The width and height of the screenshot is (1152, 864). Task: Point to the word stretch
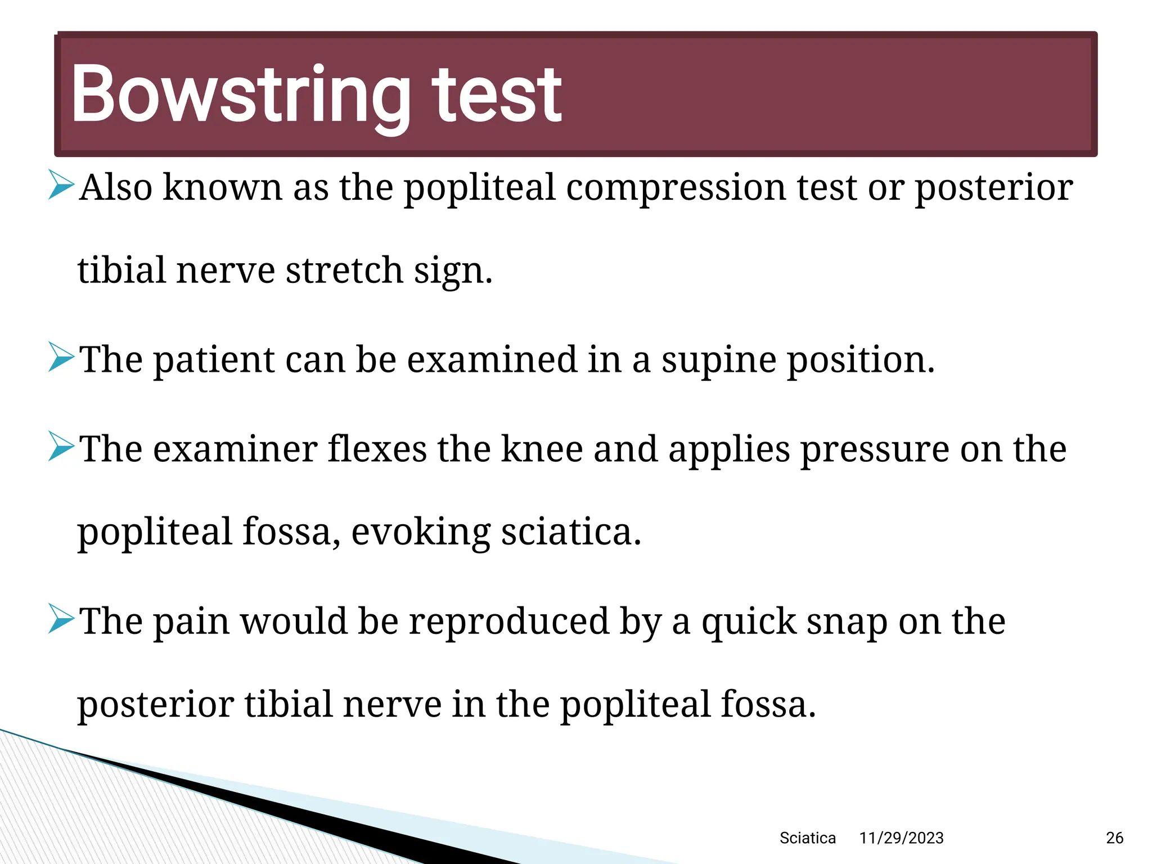345,271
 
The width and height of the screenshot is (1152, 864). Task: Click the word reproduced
509,622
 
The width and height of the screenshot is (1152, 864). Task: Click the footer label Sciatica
807,838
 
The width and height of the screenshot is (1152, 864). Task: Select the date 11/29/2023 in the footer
901,838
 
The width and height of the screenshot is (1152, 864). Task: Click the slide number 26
1114,838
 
